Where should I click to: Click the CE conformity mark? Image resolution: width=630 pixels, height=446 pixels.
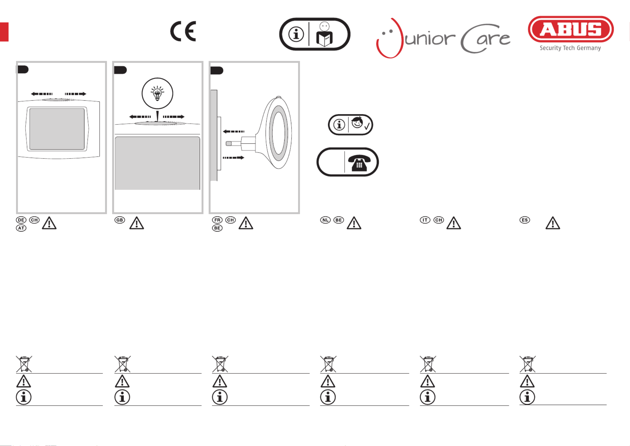(183, 31)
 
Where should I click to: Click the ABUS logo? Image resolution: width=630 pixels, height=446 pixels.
(571, 29)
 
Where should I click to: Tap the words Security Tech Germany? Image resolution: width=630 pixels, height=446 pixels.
(570, 48)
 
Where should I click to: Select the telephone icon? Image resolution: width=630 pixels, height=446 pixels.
(359, 162)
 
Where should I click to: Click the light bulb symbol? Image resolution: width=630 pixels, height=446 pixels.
(157, 93)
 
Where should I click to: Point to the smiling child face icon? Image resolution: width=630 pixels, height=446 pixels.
(357, 123)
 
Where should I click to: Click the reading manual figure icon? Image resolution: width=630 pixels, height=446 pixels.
(324, 35)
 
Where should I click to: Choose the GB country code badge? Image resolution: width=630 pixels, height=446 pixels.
(120, 220)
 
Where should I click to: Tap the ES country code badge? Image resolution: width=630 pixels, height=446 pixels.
(524, 220)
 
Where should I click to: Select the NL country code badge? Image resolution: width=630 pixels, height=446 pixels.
(325, 220)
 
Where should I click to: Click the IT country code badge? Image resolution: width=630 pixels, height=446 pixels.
(425, 220)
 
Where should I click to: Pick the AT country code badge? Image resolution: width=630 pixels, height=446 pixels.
(21, 228)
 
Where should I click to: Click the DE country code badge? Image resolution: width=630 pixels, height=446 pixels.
(21, 220)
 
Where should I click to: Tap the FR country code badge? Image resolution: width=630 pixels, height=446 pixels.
(217, 220)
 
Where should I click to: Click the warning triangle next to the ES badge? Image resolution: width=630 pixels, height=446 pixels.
(553, 223)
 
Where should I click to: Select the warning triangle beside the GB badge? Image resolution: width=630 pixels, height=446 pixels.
(137, 223)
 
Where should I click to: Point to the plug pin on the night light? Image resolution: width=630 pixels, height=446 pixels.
(229, 144)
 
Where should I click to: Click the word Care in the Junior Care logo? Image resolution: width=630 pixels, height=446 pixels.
(485, 39)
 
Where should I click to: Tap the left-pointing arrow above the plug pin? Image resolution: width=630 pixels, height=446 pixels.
(233, 132)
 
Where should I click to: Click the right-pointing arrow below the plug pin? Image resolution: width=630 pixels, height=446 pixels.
(233, 158)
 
